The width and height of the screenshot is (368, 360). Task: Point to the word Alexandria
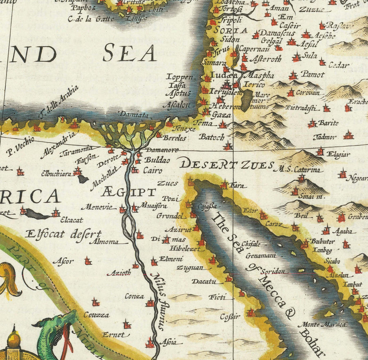58,145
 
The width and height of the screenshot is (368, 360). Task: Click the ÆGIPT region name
129,191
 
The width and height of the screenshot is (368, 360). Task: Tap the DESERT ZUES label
227,165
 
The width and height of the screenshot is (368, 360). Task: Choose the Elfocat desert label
63,234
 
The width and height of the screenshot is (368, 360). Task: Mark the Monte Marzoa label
322,324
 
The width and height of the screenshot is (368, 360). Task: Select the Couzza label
96,315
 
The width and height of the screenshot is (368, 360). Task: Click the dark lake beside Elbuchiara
83,179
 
